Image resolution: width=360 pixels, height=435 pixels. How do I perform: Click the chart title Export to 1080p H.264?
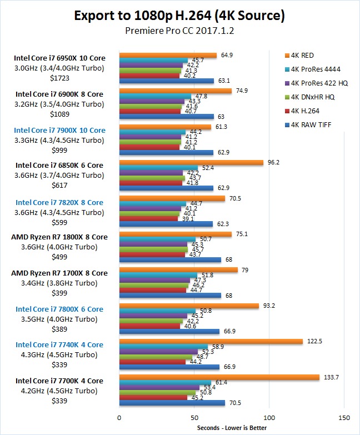pyautogui.click(x=179, y=16)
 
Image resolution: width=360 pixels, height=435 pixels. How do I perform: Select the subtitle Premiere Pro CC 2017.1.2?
pyautogui.click(x=179, y=31)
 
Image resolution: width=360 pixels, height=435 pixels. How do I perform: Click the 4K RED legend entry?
pyautogui.click(x=302, y=55)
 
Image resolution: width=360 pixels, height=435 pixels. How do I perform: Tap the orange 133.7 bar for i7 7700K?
pyautogui.click(x=219, y=377)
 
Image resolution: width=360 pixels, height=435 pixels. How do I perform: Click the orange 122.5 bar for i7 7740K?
pyautogui.click(x=211, y=341)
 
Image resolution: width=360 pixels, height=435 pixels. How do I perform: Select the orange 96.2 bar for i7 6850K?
pyautogui.click(x=191, y=163)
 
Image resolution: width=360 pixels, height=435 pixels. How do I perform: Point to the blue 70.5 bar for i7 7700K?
pyautogui.click(x=172, y=403)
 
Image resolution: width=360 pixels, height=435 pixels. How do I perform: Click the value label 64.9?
pyautogui.click(x=226, y=55)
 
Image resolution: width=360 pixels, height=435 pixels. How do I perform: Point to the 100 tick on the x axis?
pyautogui.click(x=269, y=417)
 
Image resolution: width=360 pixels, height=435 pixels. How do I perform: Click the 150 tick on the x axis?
pyautogui.click(x=344, y=417)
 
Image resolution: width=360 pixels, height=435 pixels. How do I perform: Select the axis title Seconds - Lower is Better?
pyautogui.click(x=232, y=427)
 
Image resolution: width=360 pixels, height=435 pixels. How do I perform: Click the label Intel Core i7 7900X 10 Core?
pyautogui.click(x=61, y=131)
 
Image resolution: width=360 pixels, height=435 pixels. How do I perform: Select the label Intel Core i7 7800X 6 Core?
pyautogui.click(x=59, y=309)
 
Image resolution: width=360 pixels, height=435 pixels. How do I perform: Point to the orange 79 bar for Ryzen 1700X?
pyautogui.click(x=178, y=270)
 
